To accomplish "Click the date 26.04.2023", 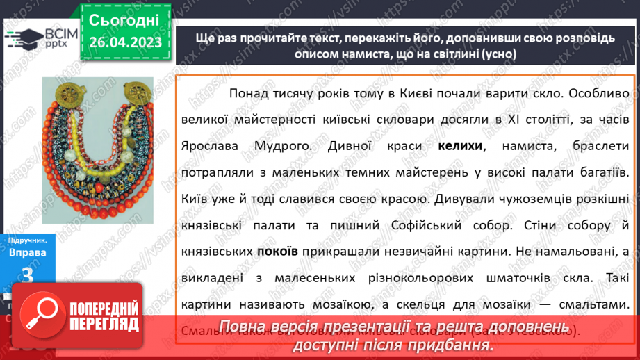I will click(x=125, y=42).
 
